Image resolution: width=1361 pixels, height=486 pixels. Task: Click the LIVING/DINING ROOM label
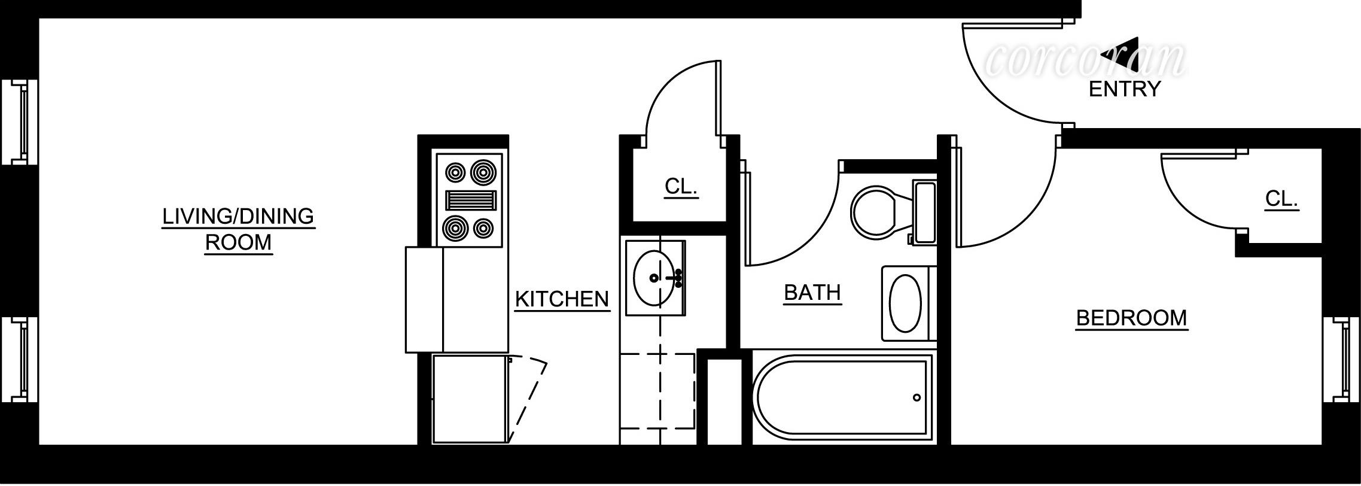[x=238, y=229]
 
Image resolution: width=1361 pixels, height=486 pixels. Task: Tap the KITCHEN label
[x=562, y=299]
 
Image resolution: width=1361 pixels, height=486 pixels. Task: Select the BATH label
[x=812, y=293]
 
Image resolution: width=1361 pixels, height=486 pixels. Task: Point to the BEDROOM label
[x=1131, y=318]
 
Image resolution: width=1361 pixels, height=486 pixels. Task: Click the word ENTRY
[x=1125, y=89]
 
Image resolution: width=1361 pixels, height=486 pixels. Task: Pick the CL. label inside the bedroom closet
[x=1281, y=199]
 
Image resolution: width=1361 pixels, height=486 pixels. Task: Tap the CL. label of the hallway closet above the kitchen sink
[x=681, y=187]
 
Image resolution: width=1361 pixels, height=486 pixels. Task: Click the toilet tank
[x=925, y=212]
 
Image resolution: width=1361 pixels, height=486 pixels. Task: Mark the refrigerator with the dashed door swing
[x=470, y=399]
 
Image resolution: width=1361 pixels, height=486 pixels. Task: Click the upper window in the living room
[x=20, y=122]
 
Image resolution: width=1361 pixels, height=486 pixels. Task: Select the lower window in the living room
[x=20, y=360]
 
